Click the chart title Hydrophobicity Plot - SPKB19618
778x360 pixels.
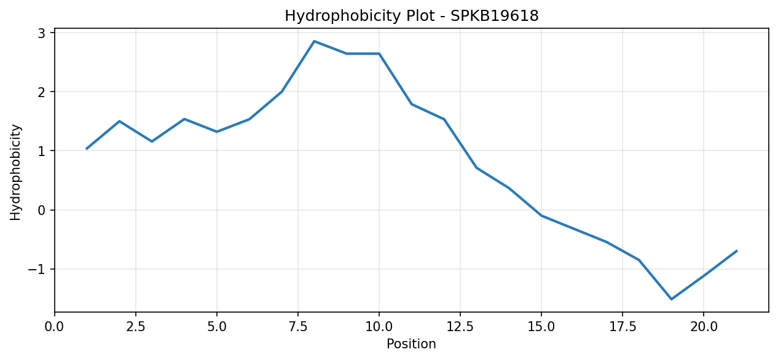pyautogui.click(x=412, y=16)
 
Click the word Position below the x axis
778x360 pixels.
pyautogui.click(x=411, y=344)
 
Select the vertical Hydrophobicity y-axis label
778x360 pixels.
pyautogui.click(x=15, y=172)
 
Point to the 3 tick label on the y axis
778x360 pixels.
pyautogui.click(x=42, y=33)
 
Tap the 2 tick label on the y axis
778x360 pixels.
pyautogui.click(x=42, y=92)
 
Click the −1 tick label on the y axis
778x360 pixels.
pyautogui.click(x=37, y=270)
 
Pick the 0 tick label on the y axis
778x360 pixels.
pyautogui.click(x=42, y=210)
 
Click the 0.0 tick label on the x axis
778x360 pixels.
pyautogui.click(x=55, y=327)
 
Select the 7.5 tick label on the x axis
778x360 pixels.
pyautogui.click(x=298, y=327)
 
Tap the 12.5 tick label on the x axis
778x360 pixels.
pyautogui.click(x=460, y=327)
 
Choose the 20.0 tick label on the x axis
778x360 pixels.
pyautogui.click(x=704, y=327)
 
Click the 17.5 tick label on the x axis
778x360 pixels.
pyautogui.click(x=623, y=327)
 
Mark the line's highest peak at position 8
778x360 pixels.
pyautogui.click(x=314, y=41)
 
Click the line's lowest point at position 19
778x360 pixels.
pyautogui.click(x=671, y=299)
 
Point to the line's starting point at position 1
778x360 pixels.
pyautogui.click(x=87, y=149)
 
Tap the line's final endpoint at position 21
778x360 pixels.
pyautogui.click(x=736, y=251)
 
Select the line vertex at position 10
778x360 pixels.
pyautogui.click(x=379, y=53)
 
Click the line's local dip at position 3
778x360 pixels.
pyautogui.click(x=152, y=141)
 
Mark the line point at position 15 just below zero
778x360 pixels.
pyautogui.click(x=541, y=216)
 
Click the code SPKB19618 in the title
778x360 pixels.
pyautogui.click(x=495, y=16)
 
